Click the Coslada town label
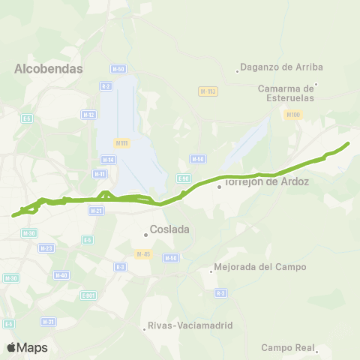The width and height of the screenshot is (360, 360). point(169,229)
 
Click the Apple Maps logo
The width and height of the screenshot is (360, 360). point(27,347)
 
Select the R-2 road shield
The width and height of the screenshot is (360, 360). point(106,87)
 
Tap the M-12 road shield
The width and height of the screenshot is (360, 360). point(88,114)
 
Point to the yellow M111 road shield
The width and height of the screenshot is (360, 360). point(122,142)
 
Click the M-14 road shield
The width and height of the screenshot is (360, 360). point(108,159)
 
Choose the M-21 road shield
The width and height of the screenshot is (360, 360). point(96,211)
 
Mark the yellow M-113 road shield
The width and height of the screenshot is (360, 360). point(208,91)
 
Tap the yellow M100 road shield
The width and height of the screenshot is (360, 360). point(292,115)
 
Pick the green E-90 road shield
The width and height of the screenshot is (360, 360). point(184,178)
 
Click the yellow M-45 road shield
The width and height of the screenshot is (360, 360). point(144,253)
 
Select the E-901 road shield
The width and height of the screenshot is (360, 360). point(89,295)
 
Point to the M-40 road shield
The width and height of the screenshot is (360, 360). point(61,274)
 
